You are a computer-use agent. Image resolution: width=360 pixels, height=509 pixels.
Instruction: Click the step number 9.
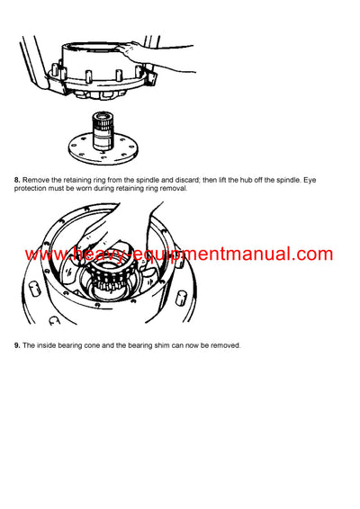[x=17, y=345]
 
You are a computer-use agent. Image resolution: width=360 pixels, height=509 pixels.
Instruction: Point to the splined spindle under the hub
[x=107, y=121]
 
